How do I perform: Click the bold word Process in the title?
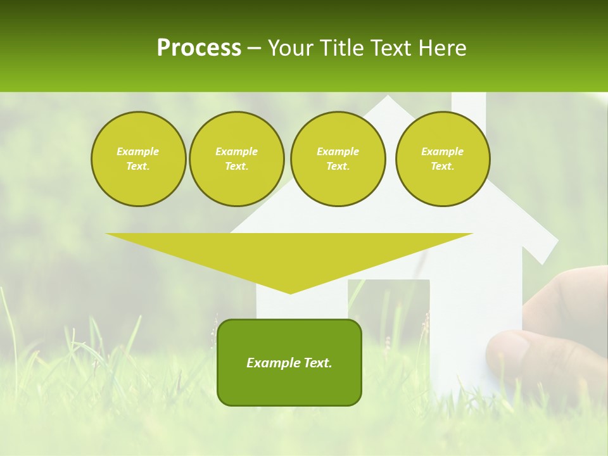pyautogui.click(x=199, y=48)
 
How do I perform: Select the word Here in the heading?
pyautogui.click(x=441, y=48)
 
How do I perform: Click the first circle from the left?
pyautogui.click(x=138, y=159)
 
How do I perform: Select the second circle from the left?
pyautogui.click(x=236, y=159)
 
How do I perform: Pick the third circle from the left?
pyautogui.click(x=338, y=159)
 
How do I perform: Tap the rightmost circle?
pyautogui.click(x=442, y=159)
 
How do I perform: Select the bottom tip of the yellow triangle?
pyautogui.click(x=290, y=292)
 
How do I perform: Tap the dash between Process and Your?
pyautogui.click(x=254, y=48)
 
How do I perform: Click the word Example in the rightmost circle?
pyautogui.click(x=442, y=151)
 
